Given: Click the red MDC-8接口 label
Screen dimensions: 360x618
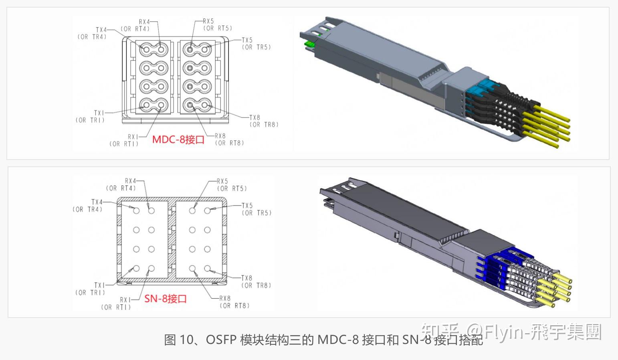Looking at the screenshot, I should (x=178, y=140).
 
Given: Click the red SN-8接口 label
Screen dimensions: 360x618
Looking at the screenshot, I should (x=166, y=299).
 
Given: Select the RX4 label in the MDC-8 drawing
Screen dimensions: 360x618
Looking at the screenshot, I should (x=144, y=22).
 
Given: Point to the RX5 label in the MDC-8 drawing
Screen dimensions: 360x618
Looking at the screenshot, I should (x=208, y=21).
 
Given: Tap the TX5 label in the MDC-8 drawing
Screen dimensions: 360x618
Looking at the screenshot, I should (x=247, y=40).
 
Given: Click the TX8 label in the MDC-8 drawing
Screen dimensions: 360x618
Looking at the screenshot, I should (x=254, y=117).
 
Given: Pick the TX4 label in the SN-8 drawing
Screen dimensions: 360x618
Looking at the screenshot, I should (x=97, y=202).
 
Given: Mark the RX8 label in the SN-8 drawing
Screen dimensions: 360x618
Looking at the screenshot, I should (x=225, y=298).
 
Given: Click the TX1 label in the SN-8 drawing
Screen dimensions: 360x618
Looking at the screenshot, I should (x=99, y=285).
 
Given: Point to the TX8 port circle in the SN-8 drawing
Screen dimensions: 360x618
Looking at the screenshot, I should (x=207, y=269).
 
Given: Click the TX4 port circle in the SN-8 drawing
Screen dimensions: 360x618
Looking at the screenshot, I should (x=136, y=210).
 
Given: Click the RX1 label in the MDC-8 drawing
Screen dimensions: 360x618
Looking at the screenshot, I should (x=133, y=137).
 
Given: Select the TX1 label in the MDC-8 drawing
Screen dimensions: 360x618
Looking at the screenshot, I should (x=99, y=113).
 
